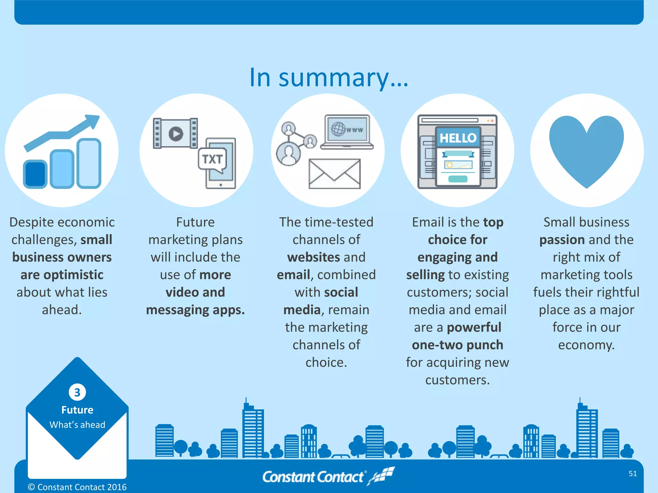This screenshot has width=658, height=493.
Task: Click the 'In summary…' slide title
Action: click(329, 78)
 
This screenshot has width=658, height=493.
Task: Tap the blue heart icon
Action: click(586, 148)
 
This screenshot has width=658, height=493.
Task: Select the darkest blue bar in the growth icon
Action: click(35, 174)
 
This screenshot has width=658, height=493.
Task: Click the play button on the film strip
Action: click(176, 133)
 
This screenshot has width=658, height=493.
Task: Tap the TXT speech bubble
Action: click(212, 159)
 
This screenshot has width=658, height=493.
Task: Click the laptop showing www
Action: click(347, 132)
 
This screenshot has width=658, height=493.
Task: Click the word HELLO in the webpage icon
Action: click(458, 138)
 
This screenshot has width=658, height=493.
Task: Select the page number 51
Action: click(633, 473)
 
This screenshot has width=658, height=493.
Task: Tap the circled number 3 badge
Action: click(77, 392)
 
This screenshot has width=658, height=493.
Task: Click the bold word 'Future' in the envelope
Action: click(77, 410)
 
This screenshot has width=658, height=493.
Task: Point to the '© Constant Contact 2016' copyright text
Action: click(77, 487)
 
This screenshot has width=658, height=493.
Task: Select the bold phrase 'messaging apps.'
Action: click(195, 310)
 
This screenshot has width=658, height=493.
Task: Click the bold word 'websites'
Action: click(314, 257)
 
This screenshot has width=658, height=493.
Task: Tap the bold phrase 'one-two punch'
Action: click(458, 345)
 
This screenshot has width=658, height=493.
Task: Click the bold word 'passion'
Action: click(562, 240)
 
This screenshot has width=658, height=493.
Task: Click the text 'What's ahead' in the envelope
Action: click(77, 425)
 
